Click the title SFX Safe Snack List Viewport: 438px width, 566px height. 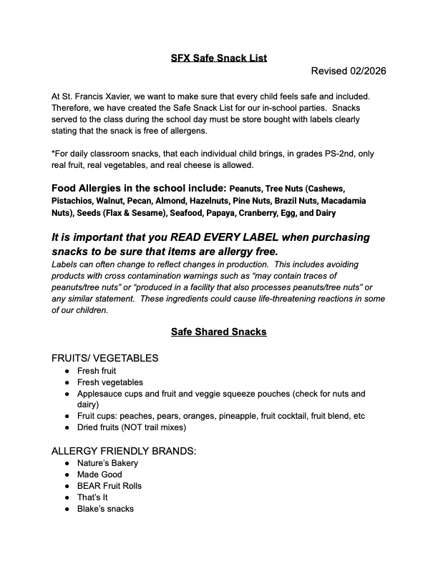(x=219, y=58)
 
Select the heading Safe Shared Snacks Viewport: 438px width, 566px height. (x=219, y=332)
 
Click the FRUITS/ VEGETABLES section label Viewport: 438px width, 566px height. (x=105, y=358)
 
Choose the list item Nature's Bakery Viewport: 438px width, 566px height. (x=108, y=463)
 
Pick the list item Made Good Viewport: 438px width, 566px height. (x=99, y=475)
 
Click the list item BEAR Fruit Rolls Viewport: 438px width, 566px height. (x=109, y=486)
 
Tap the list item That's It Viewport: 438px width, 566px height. (x=94, y=497)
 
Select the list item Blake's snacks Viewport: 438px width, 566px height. (x=105, y=509)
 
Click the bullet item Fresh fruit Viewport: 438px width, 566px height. (x=97, y=371)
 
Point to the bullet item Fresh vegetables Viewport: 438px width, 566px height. (x=110, y=382)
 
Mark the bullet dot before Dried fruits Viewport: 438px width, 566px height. (x=67, y=427)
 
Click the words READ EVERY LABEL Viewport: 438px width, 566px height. (x=224, y=237)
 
